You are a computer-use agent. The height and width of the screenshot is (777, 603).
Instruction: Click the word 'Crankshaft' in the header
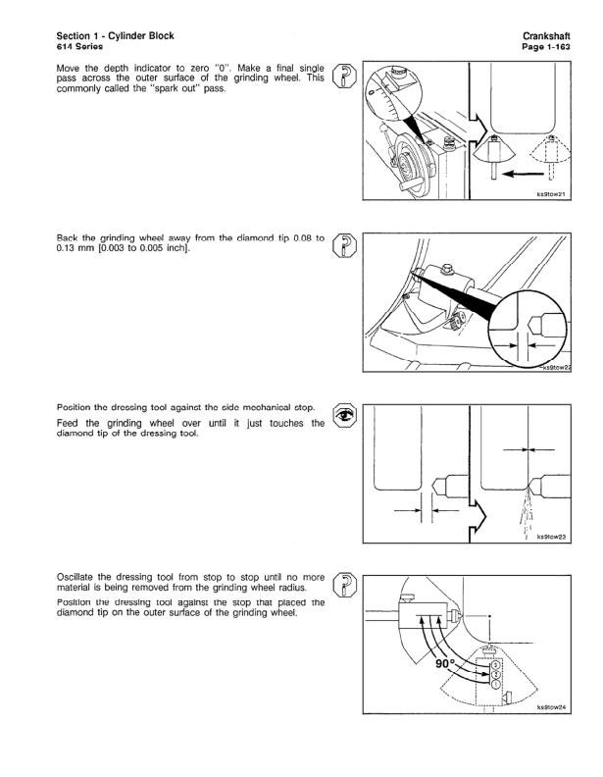point(540,36)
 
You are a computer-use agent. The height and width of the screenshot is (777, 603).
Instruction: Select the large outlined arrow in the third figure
point(478,510)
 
